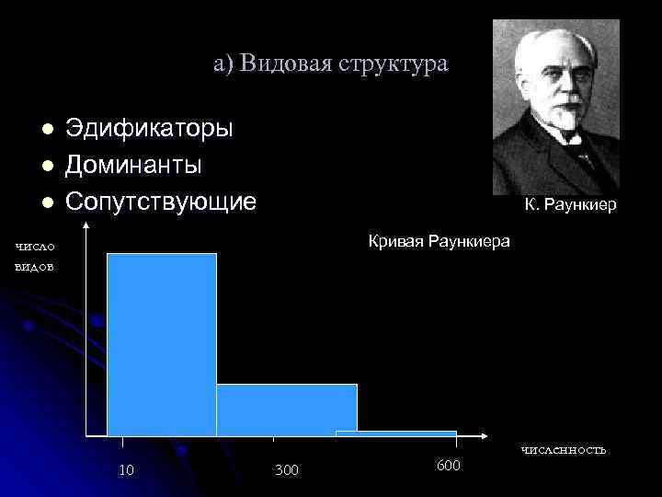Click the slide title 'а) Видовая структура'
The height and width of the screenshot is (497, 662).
coord(331,64)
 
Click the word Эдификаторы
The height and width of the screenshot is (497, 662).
coord(148,128)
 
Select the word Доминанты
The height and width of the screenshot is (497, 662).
coord(133,165)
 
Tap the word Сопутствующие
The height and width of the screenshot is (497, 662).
coord(160,202)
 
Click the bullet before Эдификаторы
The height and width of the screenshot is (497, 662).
coord(47,129)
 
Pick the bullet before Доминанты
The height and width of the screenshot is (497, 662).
coord(47,166)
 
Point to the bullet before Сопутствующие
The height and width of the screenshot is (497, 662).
coord(47,202)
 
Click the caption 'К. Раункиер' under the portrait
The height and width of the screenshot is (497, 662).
coord(571,206)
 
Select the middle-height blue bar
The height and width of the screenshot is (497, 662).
coord(286,410)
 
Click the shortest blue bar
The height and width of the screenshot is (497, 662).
coord(395,433)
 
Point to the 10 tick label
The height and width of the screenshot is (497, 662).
coord(127,470)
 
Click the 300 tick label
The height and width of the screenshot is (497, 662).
coord(286,471)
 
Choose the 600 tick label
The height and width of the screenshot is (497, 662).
coord(449,466)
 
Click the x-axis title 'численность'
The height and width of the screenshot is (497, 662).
coord(564,449)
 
